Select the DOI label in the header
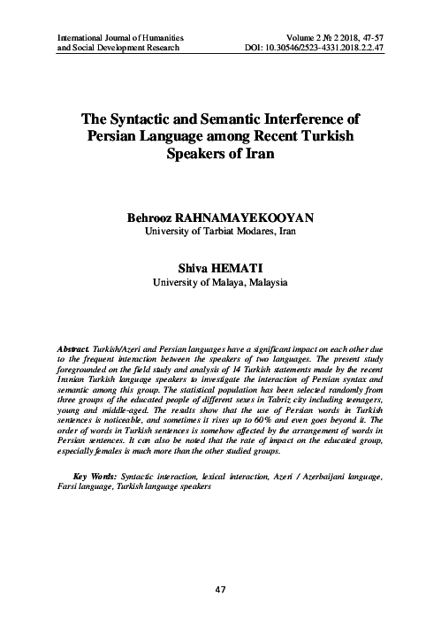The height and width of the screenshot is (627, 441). pos(251,48)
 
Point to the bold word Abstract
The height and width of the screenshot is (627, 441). pos(75,351)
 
